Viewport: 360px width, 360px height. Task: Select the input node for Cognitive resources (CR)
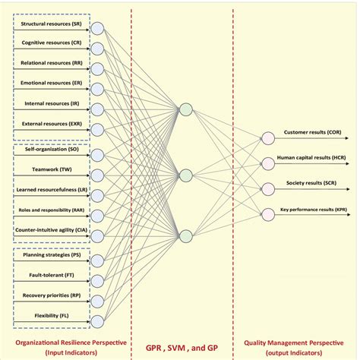97,49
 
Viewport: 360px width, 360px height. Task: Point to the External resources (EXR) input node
97,128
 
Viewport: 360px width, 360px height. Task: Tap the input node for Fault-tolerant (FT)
97,281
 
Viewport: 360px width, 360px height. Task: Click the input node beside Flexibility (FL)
97,321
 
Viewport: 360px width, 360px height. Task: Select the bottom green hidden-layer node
185,234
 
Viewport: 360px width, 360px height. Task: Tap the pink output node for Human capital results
267,162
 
